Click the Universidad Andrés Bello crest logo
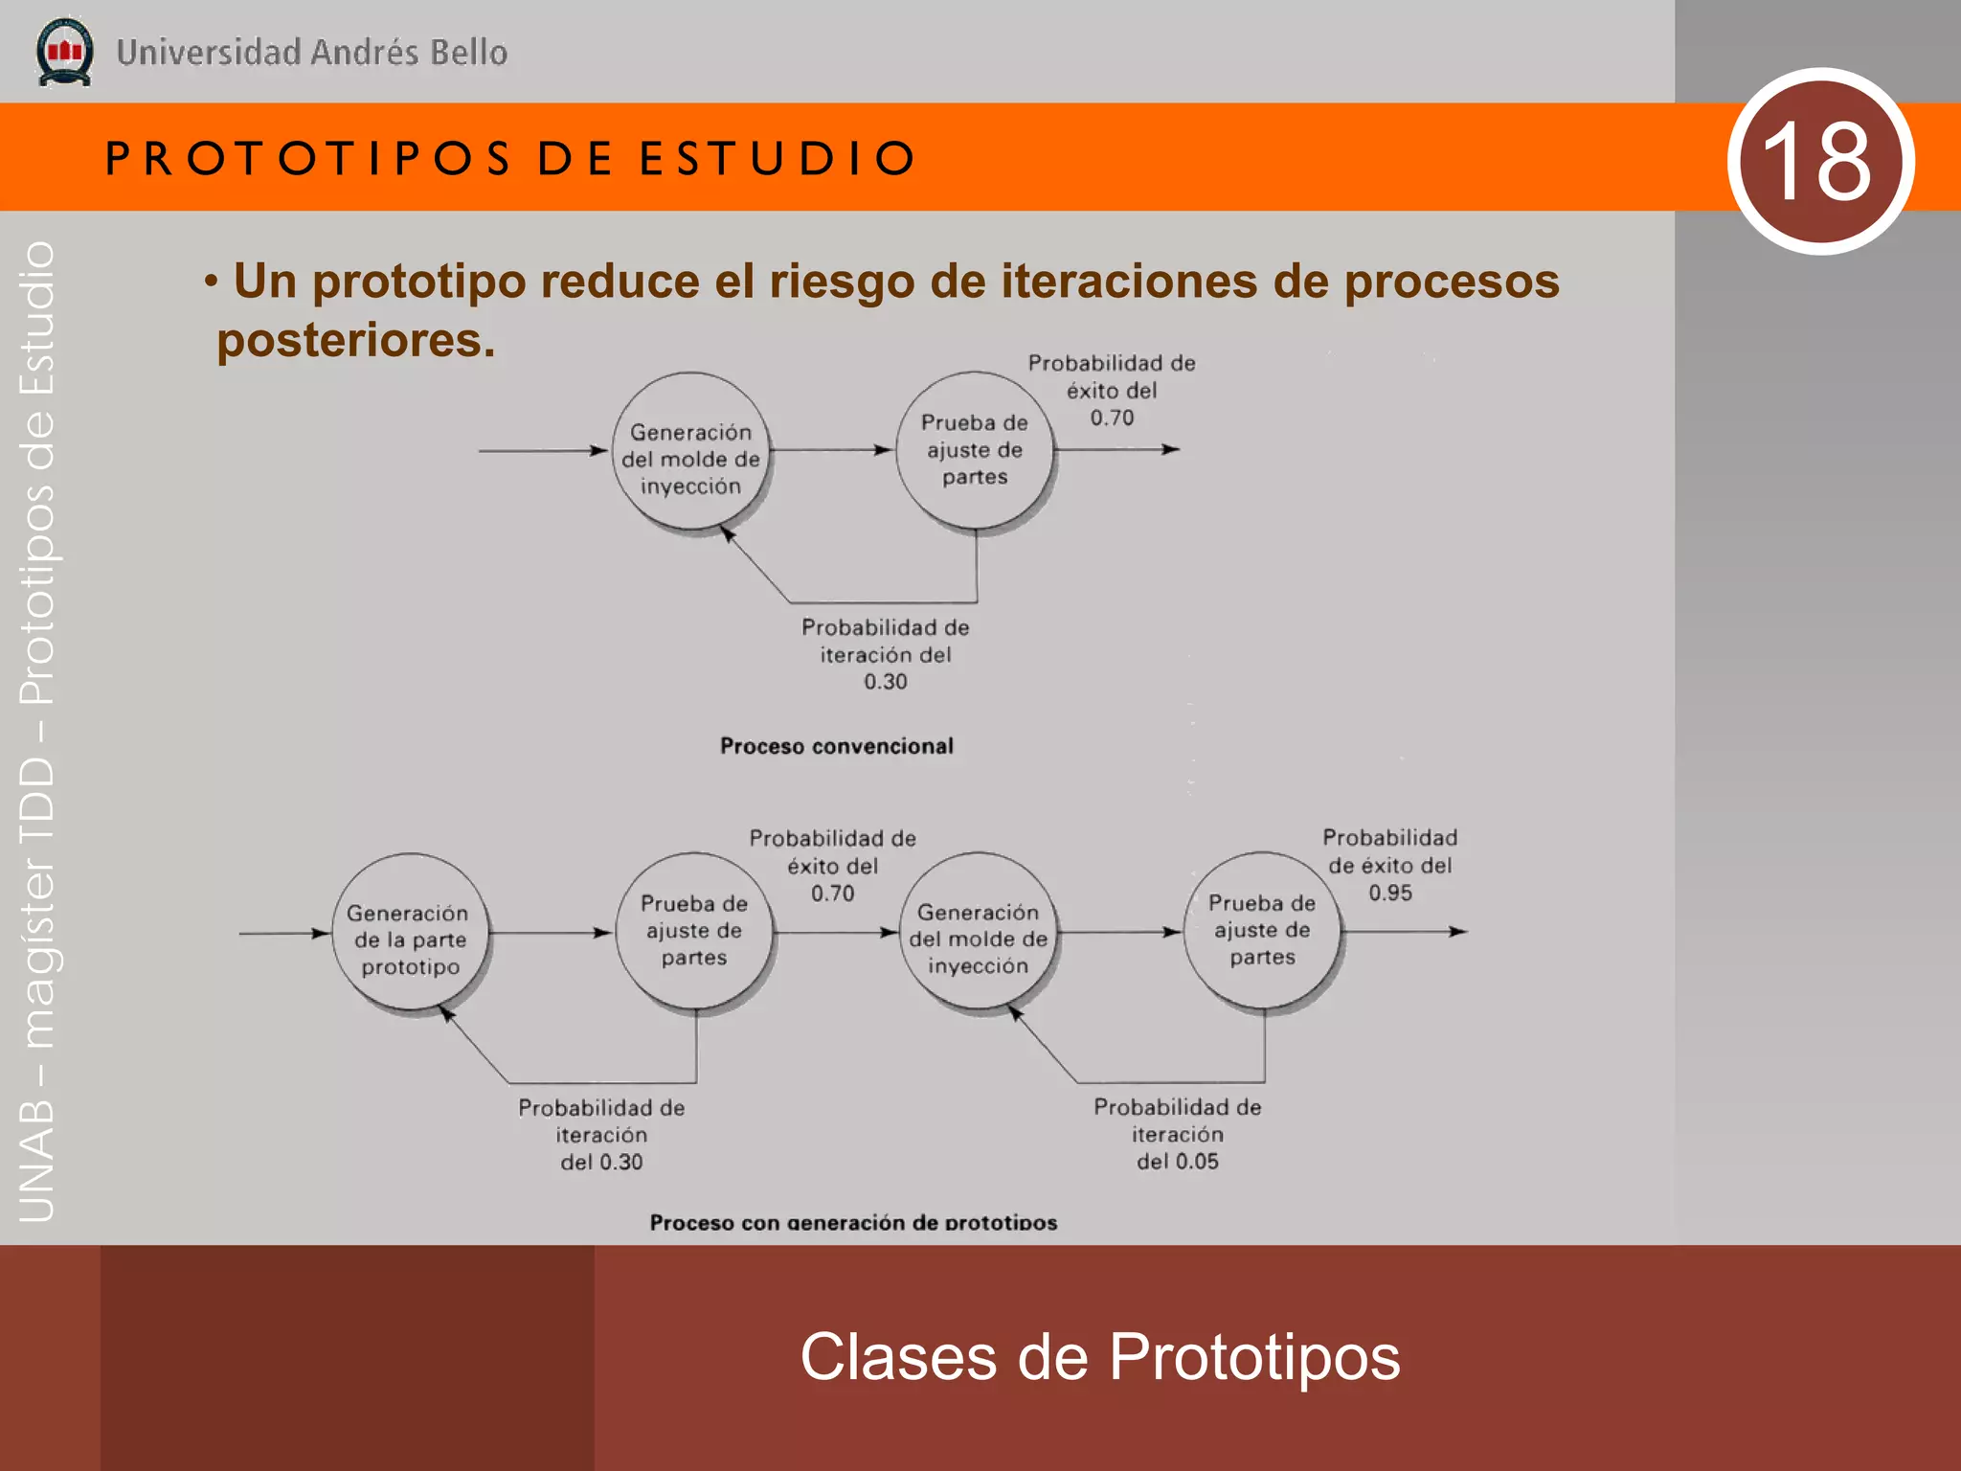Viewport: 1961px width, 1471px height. coord(64,52)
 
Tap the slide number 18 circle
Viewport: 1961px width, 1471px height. coord(1820,161)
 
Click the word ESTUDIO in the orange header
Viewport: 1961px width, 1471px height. coord(778,158)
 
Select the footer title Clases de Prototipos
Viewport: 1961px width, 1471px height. coord(1099,1356)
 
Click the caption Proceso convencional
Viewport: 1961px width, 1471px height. coord(836,746)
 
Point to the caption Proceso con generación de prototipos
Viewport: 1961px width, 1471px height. coord(853,1222)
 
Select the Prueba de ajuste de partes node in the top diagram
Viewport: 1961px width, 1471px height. coord(974,450)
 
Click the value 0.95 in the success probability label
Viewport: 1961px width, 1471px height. coord(1389,894)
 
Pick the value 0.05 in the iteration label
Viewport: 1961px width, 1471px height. coord(1196,1162)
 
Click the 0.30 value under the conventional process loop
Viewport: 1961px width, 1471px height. coord(885,682)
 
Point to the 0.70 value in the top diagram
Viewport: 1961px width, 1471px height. coord(1112,419)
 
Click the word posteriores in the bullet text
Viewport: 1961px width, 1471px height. coord(356,340)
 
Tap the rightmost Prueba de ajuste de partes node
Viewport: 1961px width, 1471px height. coord(1262,931)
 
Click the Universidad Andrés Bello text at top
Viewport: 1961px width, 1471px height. coord(312,53)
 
